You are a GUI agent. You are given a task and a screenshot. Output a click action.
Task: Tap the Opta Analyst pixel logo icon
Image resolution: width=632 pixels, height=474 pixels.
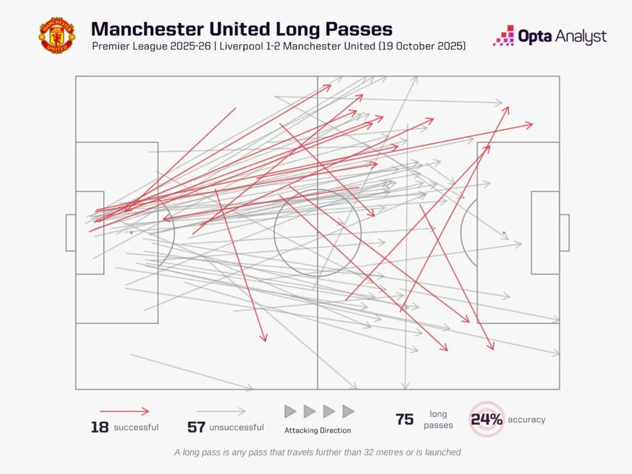click(x=503, y=36)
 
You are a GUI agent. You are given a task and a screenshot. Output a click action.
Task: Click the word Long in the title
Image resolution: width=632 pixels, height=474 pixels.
click(x=273, y=29)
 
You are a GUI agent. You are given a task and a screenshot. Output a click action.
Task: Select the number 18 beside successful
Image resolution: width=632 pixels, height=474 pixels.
click(x=100, y=427)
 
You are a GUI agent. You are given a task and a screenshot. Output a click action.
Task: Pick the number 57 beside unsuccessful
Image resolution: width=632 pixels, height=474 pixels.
click(x=197, y=427)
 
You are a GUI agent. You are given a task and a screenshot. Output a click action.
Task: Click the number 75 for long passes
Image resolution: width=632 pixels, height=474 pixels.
click(x=404, y=420)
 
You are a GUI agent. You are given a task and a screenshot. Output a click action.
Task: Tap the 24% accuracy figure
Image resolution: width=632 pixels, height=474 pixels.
click(x=487, y=419)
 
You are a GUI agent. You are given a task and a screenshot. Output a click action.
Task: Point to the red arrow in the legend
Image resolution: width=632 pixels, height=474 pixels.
click(x=125, y=411)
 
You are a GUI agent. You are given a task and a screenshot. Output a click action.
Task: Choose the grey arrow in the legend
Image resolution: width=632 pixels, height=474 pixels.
click(x=221, y=411)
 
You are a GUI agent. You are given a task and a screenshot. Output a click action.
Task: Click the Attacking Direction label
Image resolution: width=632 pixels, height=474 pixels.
click(x=317, y=430)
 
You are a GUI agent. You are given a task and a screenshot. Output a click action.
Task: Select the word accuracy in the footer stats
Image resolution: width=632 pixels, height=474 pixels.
click(x=526, y=420)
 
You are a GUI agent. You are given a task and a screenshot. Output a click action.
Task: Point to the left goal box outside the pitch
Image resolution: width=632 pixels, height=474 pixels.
click(x=70, y=233)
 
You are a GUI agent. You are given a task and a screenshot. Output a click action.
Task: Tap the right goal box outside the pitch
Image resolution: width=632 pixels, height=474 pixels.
click(x=564, y=233)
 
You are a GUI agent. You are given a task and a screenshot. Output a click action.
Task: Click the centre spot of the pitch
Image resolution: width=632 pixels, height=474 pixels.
click(x=317, y=233)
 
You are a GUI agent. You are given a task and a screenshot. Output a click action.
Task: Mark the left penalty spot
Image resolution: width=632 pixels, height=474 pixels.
click(x=131, y=233)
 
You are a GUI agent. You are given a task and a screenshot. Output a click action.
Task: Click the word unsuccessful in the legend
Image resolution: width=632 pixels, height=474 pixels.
click(x=236, y=428)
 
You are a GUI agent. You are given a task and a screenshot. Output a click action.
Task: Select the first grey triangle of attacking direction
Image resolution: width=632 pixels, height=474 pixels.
click(x=290, y=411)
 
